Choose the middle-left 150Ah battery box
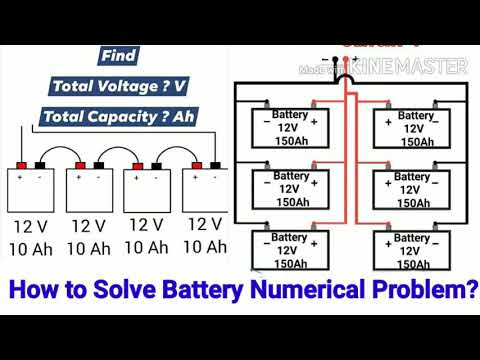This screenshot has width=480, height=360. [287, 189]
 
